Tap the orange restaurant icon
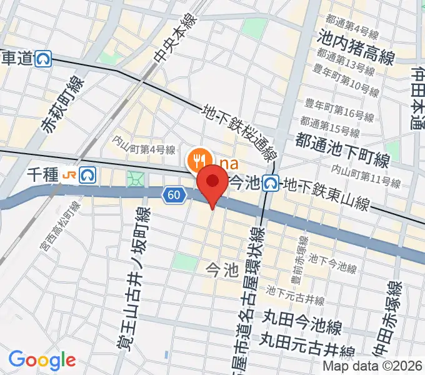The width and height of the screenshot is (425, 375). click(x=199, y=159)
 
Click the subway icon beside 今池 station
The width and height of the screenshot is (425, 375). click(x=271, y=182)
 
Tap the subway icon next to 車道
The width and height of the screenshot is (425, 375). click(x=44, y=59)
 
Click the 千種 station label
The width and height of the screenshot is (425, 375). click(x=42, y=177)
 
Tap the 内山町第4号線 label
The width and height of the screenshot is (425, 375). click(x=144, y=149)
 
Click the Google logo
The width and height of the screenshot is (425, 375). click(x=42, y=360)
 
